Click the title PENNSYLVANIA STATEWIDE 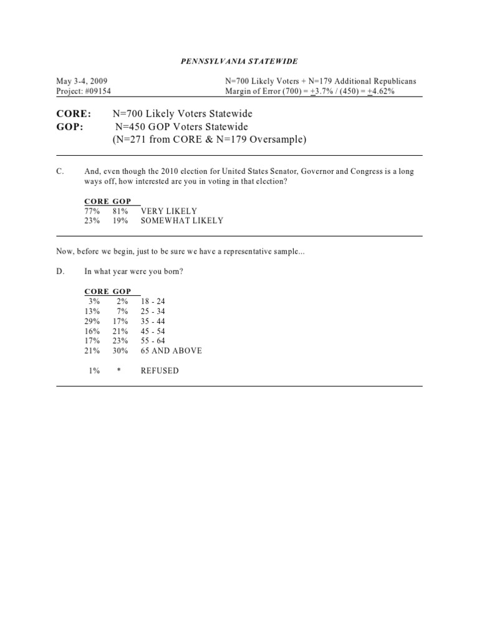[239, 61]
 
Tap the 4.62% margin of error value [380, 92]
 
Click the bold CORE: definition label [74, 115]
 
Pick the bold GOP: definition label [70, 127]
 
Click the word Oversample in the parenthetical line [280, 140]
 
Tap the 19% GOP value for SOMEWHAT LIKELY [120, 221]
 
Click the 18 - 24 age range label [153, 301]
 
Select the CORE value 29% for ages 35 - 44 [93, 321]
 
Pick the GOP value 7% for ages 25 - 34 [122, 311]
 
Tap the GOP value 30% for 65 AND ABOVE [120, 351]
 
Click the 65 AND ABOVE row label [172, 351]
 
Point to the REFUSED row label [160, 371]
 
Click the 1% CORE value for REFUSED [95, 371]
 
